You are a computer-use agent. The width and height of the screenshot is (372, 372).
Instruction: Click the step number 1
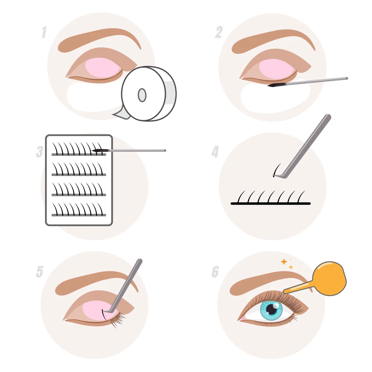[x=44, y=33]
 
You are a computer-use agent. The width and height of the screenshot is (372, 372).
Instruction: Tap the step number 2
[x=219, y=33]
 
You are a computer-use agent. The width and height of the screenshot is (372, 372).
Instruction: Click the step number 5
[x=39, y=272]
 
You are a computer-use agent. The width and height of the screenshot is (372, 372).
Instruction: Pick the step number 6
[x=215, y=272]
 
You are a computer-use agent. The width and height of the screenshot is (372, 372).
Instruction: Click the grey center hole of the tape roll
[x=142, y=95]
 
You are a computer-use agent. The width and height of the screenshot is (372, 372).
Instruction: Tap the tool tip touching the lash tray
[x=97, y=150]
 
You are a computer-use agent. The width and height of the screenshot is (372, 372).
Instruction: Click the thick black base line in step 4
[x=270, y=203]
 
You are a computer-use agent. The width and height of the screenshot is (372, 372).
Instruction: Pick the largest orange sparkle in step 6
[x=284, y=262]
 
